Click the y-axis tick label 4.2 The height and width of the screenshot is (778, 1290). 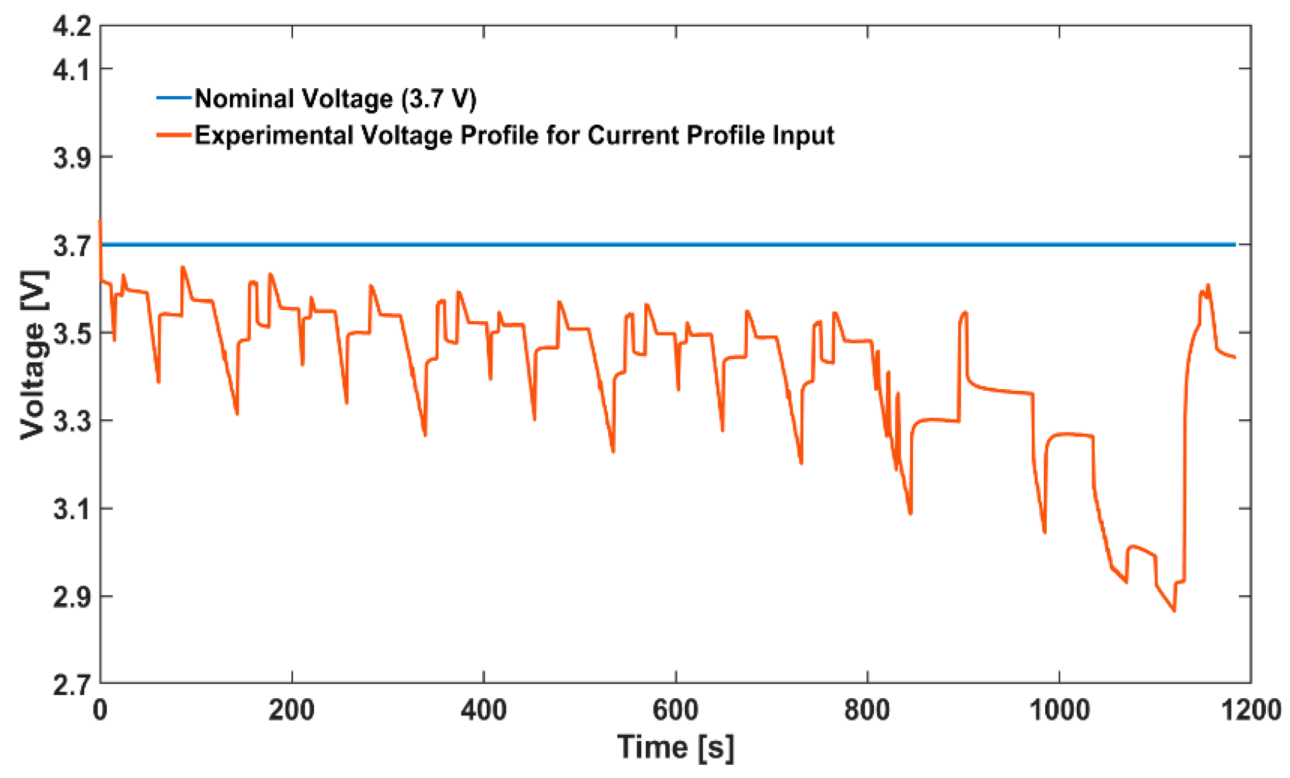click(72, 26)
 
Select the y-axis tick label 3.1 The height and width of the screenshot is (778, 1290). click(72, 509)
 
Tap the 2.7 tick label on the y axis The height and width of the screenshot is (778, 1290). click(72, 685)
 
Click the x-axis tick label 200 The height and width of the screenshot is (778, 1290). click(291, 711)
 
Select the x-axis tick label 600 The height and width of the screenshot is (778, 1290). click(675, 711)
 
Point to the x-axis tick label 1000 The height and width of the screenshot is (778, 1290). click(1059, 711)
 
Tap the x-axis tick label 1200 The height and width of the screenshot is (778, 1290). click(1251, 711)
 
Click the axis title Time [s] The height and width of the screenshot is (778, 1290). click(675, 747)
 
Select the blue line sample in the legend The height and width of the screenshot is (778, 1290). click(174, 98)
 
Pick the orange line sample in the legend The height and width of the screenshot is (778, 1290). click(174, 135)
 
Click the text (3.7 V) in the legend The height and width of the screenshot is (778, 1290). click(439, 99)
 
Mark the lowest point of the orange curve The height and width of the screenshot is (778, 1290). click(1174, 610)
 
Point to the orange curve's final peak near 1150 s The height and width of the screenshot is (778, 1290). click(1208, 285)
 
